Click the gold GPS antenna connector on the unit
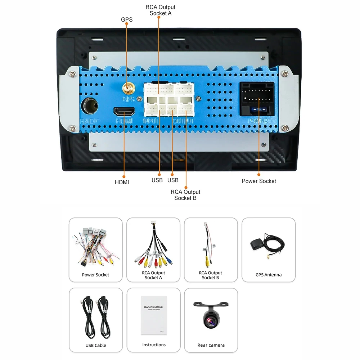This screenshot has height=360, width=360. pos(127,87)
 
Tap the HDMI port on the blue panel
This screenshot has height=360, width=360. pos(124,111)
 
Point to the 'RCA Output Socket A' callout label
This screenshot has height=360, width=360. pos(161,10)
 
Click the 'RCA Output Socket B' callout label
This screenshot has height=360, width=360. pos(185,195)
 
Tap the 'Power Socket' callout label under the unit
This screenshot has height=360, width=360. pos(259,181)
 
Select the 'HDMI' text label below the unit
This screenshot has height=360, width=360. pos(122,182)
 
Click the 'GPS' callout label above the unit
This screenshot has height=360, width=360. pos(127,19)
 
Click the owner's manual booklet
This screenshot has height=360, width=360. pos(154,315)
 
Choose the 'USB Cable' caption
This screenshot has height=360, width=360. pos(96,345)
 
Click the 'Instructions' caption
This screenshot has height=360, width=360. pos(154,345)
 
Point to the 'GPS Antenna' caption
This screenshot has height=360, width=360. pos(269,275)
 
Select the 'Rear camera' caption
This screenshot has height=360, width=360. pos(211,345)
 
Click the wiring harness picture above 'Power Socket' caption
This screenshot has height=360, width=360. pos(95,247)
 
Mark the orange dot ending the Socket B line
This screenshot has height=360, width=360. pos(186,187)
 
